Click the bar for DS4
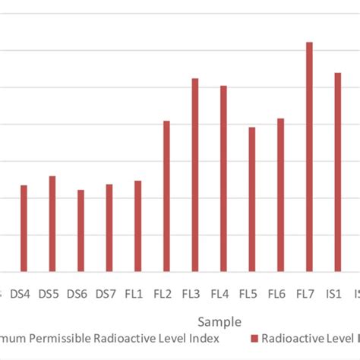[x=24, y=228]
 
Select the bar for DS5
[x=52, y=223]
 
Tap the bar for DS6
[x=81, y=230]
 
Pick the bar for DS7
[x=109, y=227]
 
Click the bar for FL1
[x=137, y=226]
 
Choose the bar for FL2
[x=166, y=196]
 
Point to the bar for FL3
[x=195, y=175]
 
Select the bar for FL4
[x=223, y=178]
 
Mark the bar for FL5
[x=252, y=199]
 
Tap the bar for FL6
[x=280, y=194]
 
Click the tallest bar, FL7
[x=309, y=156]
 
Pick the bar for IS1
[x=337, y=172]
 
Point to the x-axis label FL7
[x=305, y=293]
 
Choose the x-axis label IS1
[x=334, y=293]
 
